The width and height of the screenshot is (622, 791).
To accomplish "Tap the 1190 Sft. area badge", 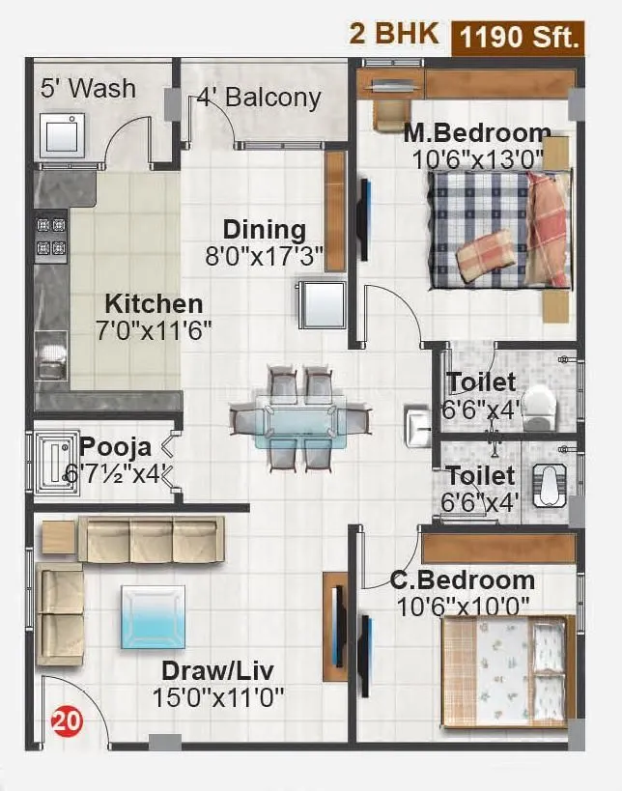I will point(520,37).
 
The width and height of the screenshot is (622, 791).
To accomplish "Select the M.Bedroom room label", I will point(477,133).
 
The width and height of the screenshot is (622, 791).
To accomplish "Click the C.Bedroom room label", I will point(463,580).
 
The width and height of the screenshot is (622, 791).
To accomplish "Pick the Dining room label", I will point(264,230).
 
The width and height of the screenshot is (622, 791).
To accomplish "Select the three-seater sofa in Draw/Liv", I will point(150,539).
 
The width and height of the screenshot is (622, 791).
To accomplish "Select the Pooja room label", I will point(115,447).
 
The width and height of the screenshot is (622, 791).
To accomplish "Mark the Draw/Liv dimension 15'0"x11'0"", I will point(217,696).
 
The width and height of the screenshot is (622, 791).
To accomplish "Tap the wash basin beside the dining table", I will point(416,422).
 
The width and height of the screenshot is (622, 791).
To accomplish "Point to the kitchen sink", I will point(50,354).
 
